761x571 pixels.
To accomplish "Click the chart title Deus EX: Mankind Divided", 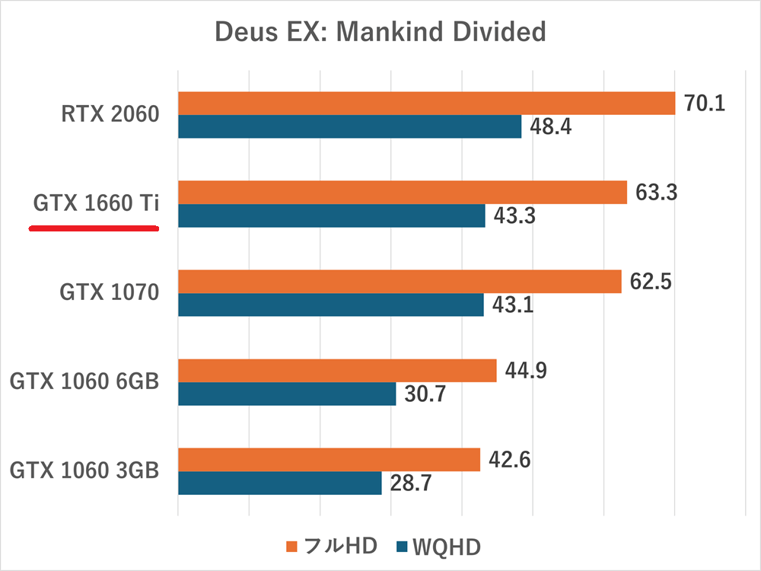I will point(380,32).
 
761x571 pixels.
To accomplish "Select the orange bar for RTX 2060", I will point(426,103).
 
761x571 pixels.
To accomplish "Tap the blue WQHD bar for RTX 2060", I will point(349,126).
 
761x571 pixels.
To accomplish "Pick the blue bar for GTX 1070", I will point(330,305).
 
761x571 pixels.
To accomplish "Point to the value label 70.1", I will point(704,103).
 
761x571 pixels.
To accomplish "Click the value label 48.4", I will point(550,126).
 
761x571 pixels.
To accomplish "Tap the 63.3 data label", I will point(656,192).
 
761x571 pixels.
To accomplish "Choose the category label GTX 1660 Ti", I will point(95,204).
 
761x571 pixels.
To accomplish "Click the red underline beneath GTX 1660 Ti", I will point(94,227).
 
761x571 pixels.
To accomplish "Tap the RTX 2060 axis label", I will point(110,115).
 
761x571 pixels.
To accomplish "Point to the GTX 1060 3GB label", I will point(84,471).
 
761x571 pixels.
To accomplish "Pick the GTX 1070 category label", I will point(110,293).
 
